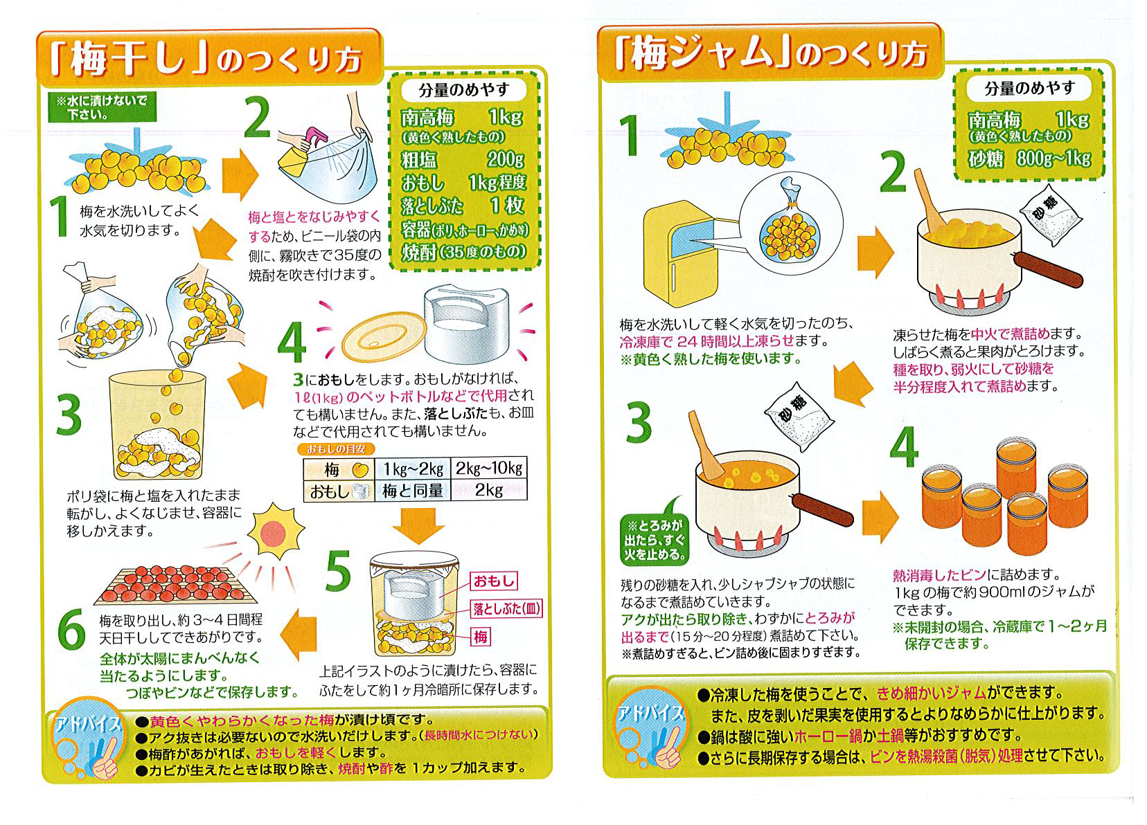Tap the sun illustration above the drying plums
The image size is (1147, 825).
pos(276,533)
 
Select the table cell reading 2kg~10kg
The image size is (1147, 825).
pos(489,469)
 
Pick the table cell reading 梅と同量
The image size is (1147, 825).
pos(413,491)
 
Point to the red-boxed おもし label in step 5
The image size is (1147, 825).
pos(494,581)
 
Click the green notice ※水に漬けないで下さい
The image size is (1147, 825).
pos(101,107)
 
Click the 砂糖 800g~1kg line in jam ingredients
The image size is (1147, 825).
pos(1029,158)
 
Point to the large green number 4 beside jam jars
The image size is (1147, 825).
pos(905,448)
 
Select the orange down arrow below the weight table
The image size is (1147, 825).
pos(418,525)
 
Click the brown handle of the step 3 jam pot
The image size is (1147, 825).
pos(821,509)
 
